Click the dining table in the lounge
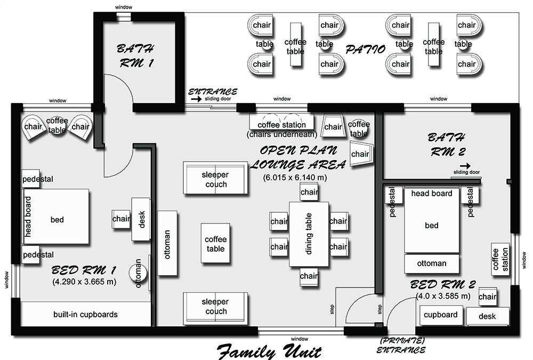pyautogui.click(x=309, y=234)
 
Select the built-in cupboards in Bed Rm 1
pyautogui.click(x=85, y=314)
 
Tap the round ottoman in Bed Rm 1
pyautogui.click(x=138, y=273)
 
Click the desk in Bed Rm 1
pyautogui.click(x=141, y=219)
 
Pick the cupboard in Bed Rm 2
pyautogui.click(x=441, y=315)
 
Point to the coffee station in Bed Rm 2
pyautogui.click(x=500, y=259)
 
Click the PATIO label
pyautogui.click(x=366, y=50)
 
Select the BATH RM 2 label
pyautogui.click(x=447, y=145)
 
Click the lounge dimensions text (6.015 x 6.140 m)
pyautogui.click(x=295, y=177)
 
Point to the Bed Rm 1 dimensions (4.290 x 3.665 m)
pyautogui.click(x=84, y=282)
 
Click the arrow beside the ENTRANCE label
pyautogui.click(x=196, y=99)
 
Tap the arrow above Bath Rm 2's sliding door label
pyautogui.click(x=465, y=166)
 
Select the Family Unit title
pyautogui.click(x=269, y=351)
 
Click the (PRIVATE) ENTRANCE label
pyautogui.click(x=401, y=346)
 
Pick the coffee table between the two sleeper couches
pyautogui.click(x=215, y=243)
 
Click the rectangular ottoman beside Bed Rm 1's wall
pyautogui.click(x=167, y=243)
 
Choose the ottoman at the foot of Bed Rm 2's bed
pyautogui.click(x=432, y=263)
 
